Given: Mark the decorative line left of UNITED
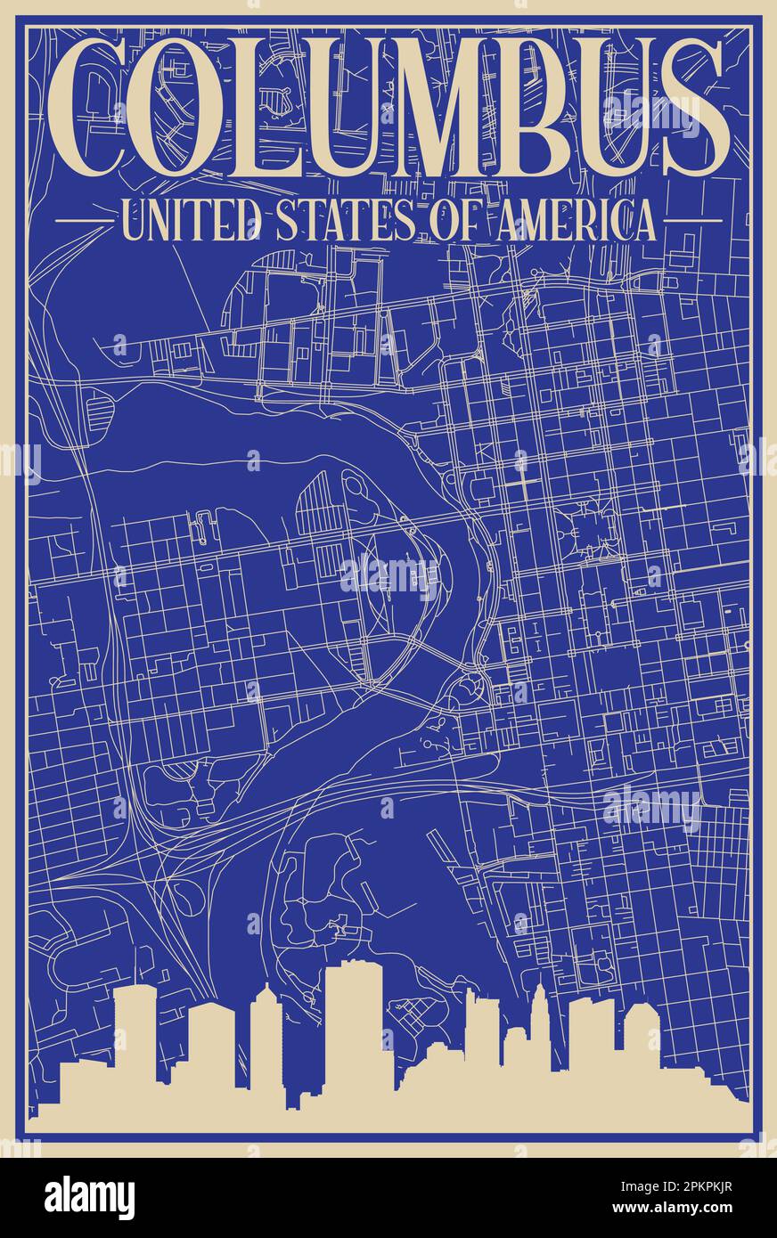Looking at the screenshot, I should (x=83, y=219).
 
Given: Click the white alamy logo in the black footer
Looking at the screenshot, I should (x=89, y=1197).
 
